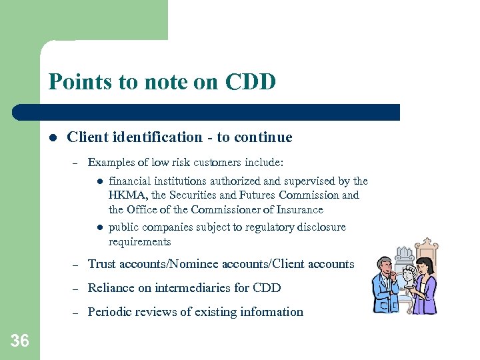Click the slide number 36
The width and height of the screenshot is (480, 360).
click(x=20, y=341)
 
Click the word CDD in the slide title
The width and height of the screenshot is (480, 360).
click(x=251, y=82)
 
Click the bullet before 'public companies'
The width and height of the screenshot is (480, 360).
click(x=97, y=227)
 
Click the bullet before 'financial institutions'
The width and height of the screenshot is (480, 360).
click(x=97, y=181)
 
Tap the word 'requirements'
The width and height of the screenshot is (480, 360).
click(x=139, y=241)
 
